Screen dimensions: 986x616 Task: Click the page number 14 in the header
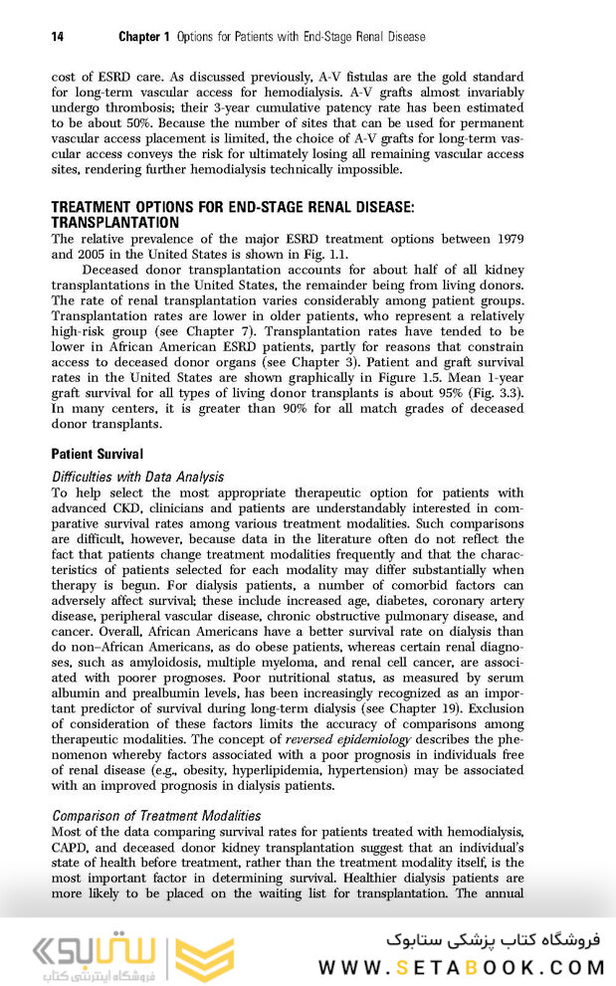point(58,37)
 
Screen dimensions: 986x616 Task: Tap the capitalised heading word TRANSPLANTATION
point(115,223)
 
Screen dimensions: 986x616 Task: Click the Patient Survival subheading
point(98,454)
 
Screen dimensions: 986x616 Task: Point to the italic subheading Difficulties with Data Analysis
point(137,477)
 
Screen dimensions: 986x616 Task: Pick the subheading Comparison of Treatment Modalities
point(156,816)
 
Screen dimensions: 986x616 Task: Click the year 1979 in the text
point(505,239)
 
